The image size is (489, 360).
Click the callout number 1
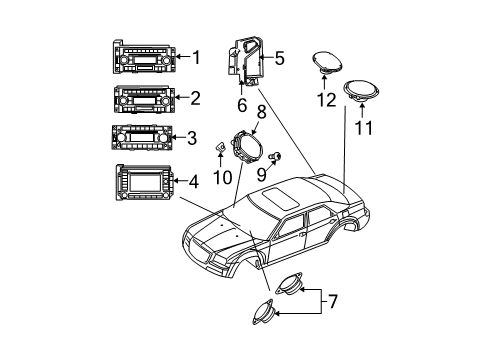point(197,58)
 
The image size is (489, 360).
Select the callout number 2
point(197,99)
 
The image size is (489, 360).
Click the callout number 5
point(278,58)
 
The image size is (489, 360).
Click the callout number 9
point(263,172)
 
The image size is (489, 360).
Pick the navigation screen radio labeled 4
point(145,182)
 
